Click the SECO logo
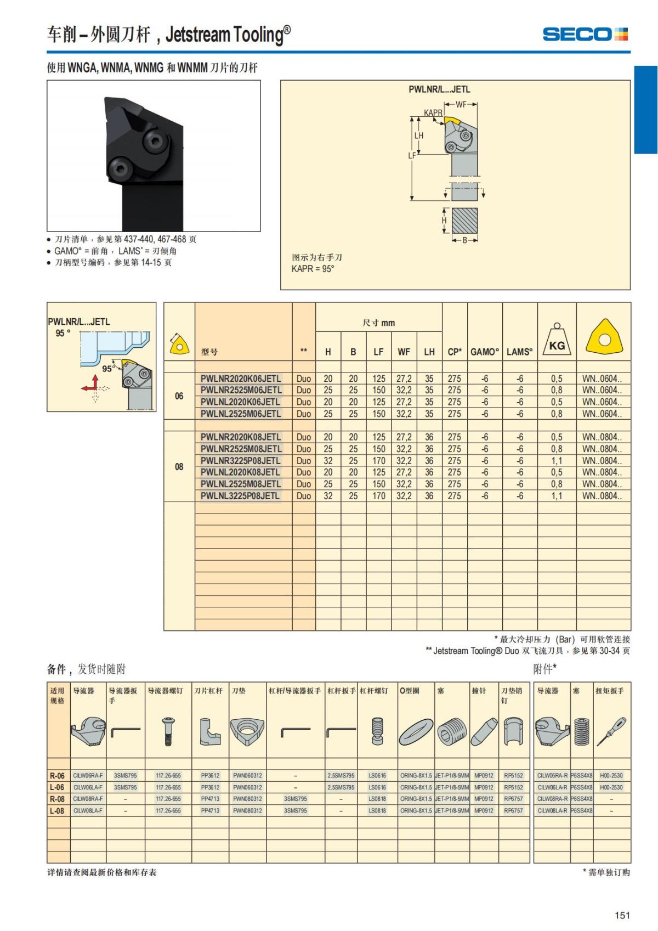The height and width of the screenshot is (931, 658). coord(585,35)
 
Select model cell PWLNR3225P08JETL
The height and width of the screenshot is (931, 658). coord(240,461)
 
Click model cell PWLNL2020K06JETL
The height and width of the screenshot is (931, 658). coord(240,402)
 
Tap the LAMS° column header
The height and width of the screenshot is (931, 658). coord(519,352)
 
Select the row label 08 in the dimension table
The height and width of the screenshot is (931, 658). coord(179,467)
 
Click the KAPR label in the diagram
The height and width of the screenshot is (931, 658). coord(433,113)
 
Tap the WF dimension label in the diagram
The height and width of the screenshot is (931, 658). coord(461,104)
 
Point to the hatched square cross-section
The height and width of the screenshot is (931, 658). coord(464,221)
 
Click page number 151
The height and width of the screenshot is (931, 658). coord(622,915)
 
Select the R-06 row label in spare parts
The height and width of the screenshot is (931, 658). coord(57,776)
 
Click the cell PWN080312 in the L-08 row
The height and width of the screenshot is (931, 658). coord(247,811)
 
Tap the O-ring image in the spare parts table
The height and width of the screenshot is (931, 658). coord(416,732)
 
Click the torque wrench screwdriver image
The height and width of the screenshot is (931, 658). coord(611,732)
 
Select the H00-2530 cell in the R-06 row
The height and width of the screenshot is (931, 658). coord(611,776)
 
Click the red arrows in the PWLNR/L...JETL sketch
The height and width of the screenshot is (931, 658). coord(91,385)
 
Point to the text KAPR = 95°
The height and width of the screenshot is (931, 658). coord(313,269)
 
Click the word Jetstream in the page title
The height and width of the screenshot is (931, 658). coord(197,35)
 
